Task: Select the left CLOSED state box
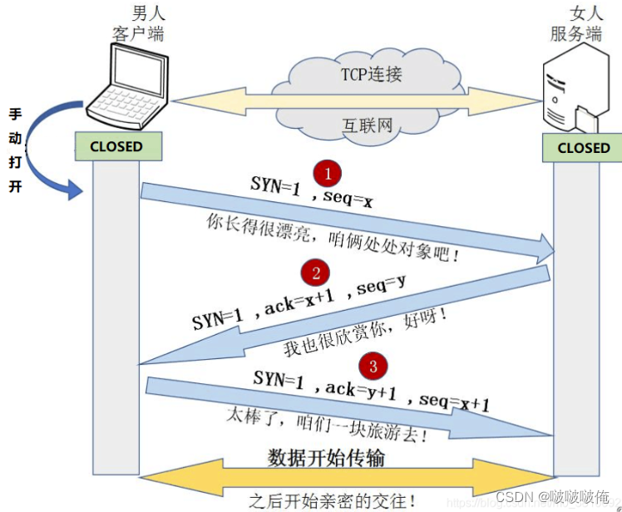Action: [116, 146]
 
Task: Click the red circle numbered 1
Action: [328, 174]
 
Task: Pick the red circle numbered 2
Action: [316, 273]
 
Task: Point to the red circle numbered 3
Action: [372, 365]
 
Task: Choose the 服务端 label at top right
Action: [575, 34]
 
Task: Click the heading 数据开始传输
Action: [326, 458]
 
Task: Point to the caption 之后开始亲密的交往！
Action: [333, 500]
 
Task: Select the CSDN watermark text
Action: [552, 496]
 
